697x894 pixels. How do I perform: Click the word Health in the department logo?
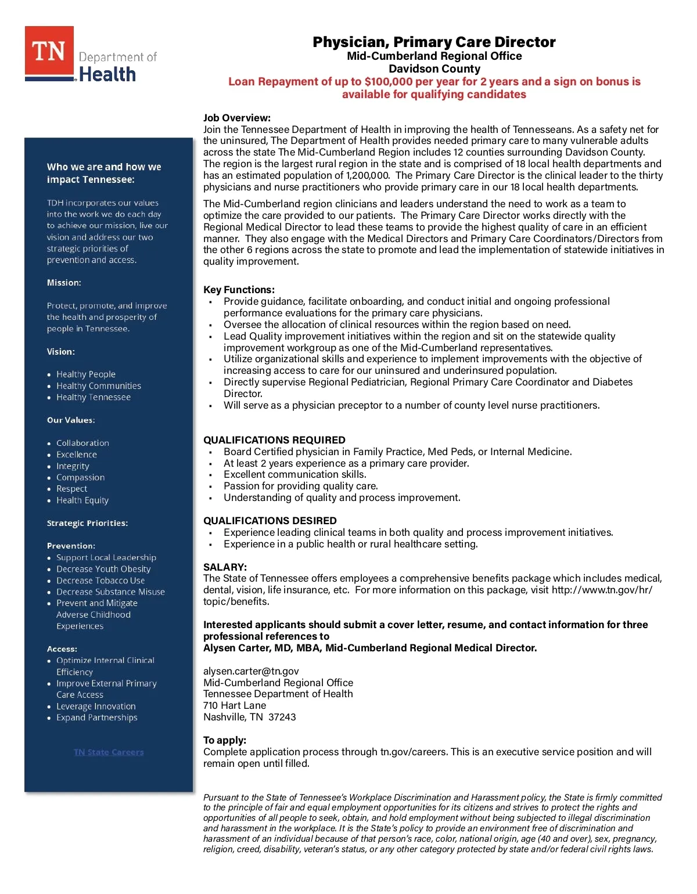107,74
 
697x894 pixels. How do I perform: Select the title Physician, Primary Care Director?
434,42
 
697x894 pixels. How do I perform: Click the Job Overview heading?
237,118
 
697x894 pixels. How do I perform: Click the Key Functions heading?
239,290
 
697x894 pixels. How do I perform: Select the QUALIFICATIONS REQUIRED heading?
274,440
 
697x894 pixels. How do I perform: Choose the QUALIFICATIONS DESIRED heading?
270,521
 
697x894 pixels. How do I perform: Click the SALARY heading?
225,567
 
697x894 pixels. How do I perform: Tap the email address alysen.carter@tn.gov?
251,671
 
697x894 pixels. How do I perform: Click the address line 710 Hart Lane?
235,705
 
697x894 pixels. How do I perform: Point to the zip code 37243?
282,717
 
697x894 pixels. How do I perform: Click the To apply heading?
225,740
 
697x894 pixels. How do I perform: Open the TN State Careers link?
109,752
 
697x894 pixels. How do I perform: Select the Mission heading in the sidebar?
64,283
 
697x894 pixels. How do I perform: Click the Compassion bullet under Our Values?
81,477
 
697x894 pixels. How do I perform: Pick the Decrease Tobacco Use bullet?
100,581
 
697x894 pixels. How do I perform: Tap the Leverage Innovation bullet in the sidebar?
96,706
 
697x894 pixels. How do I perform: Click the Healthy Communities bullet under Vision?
99,386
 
